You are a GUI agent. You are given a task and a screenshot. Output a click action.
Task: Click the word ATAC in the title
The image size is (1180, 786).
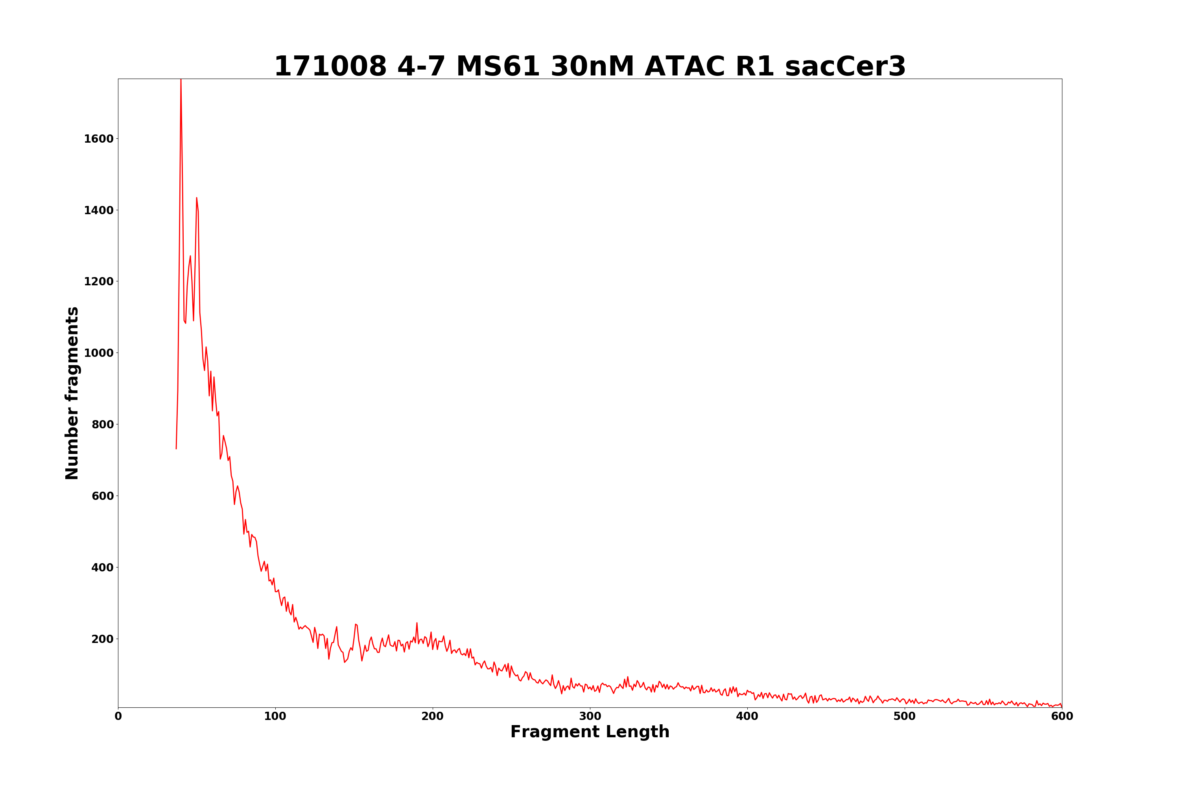684,67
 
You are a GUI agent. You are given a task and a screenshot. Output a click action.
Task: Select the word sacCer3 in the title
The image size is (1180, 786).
845,67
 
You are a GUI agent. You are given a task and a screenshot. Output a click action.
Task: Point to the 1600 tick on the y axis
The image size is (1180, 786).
98,139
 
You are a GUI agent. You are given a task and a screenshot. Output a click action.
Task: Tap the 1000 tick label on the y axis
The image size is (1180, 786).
98,353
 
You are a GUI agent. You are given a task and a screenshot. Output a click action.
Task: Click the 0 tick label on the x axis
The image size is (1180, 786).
118,717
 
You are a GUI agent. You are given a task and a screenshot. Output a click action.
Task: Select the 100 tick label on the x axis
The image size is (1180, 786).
275,717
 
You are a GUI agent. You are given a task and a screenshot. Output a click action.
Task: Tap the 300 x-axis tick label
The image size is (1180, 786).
590,717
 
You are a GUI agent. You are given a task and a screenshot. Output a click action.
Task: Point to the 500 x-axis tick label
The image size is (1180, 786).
905,717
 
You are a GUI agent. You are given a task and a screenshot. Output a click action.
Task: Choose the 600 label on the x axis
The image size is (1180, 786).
1062,717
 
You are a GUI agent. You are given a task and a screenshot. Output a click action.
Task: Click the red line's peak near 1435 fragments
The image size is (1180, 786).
197,198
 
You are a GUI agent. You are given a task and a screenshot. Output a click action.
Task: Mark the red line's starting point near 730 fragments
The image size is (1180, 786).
176,448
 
